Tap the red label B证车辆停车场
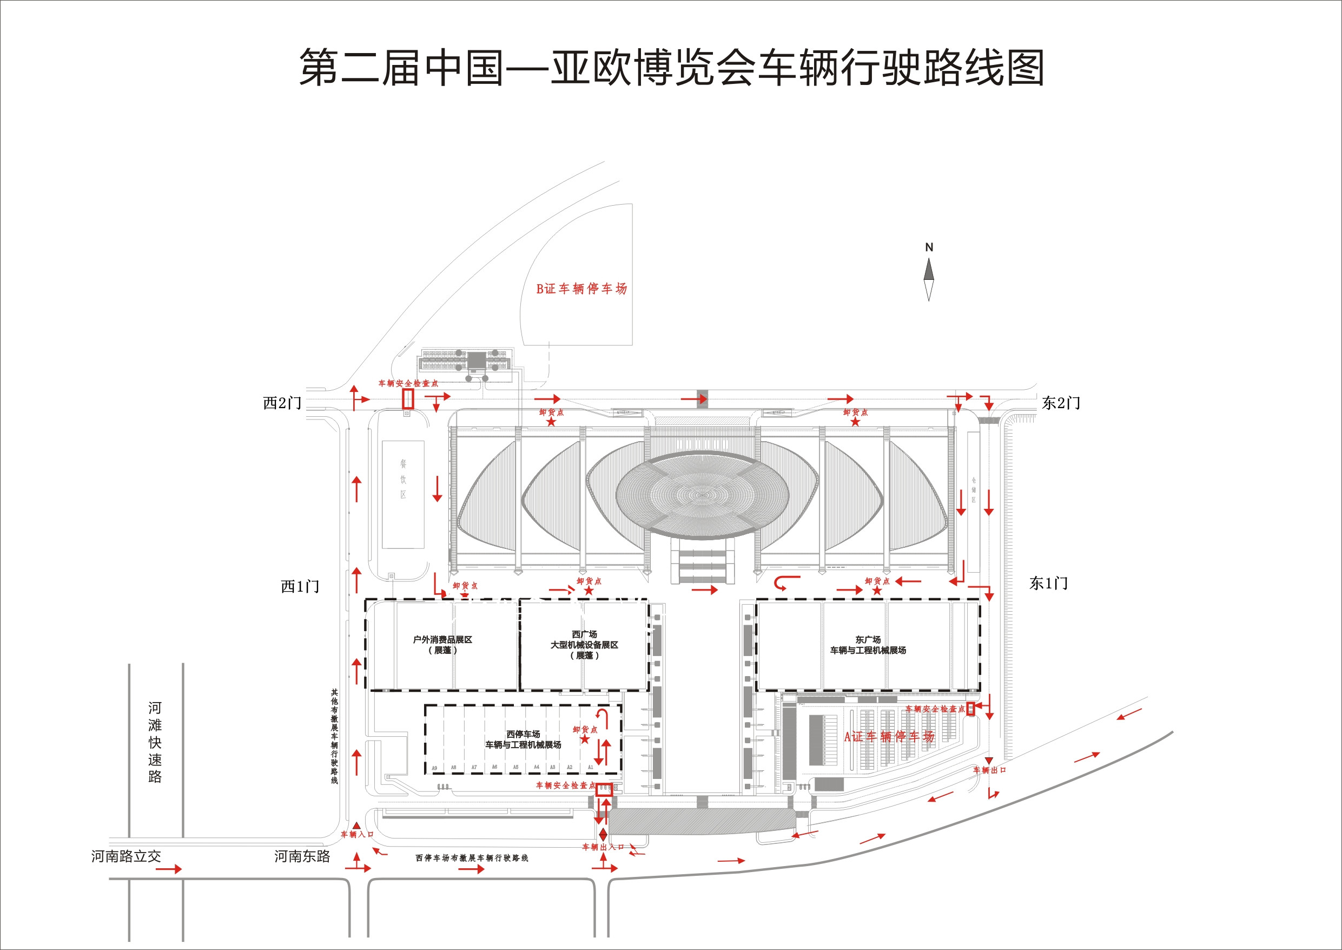tap(581, 289)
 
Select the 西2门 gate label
tap(282, 403)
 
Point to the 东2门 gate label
tap(1061, 403)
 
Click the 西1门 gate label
tap(300, 587)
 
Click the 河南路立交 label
tap(125, 856)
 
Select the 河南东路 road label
tap(302, 856)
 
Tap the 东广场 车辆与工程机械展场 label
tap(868, 645)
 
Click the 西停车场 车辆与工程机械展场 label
tap(523, 739)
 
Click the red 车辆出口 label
tap(989, 770)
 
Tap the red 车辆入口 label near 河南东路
tap(356, 834)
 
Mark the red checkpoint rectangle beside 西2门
tap(408, 399)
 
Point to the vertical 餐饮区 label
tap(404, 479)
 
